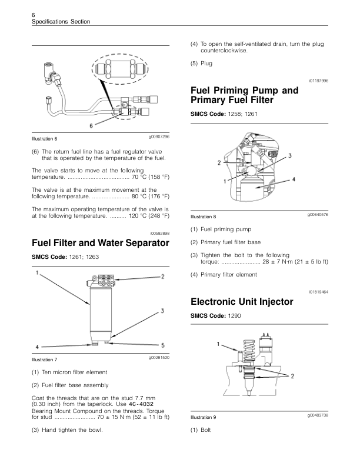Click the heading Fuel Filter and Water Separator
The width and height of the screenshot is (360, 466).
pyautogui.click(x=96, y=242)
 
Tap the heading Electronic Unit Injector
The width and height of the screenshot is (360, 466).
pyautogui.click(x=242, y=302)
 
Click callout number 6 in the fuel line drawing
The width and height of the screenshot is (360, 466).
pyautogui.click(x=92, y=125)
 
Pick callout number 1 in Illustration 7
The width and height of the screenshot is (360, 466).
pyautogui.click(x=37, y=274)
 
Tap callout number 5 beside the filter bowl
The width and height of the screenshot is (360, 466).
pyautogui.click(x=163, y=345)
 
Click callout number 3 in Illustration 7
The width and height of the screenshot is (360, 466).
pyautogui.click(x=162, y=311)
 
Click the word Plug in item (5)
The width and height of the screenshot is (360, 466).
pyautogui.click(x=206, y=63)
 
